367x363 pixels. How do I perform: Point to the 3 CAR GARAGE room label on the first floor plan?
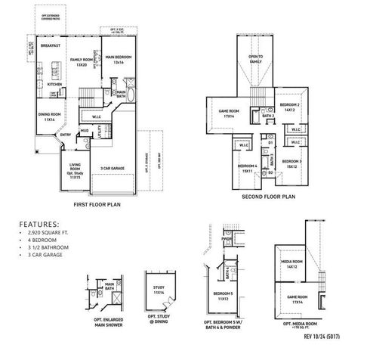pyautogui.click(x=113, y=168)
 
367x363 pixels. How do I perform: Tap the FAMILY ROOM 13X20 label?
pyautogui.click(x=81, y=62)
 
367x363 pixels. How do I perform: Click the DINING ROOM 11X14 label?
pyautogui.click(x=49, y=117)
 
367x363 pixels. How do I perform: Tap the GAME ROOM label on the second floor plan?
pyautogui.click(x=230, y=113)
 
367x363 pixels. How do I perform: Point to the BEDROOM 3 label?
pyautogui.click(x=293, y=164)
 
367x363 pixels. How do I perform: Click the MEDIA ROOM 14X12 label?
pyautogui.click(x=290, y=266)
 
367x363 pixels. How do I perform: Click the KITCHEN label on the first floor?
pyautogui.click(x=55, y=85)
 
